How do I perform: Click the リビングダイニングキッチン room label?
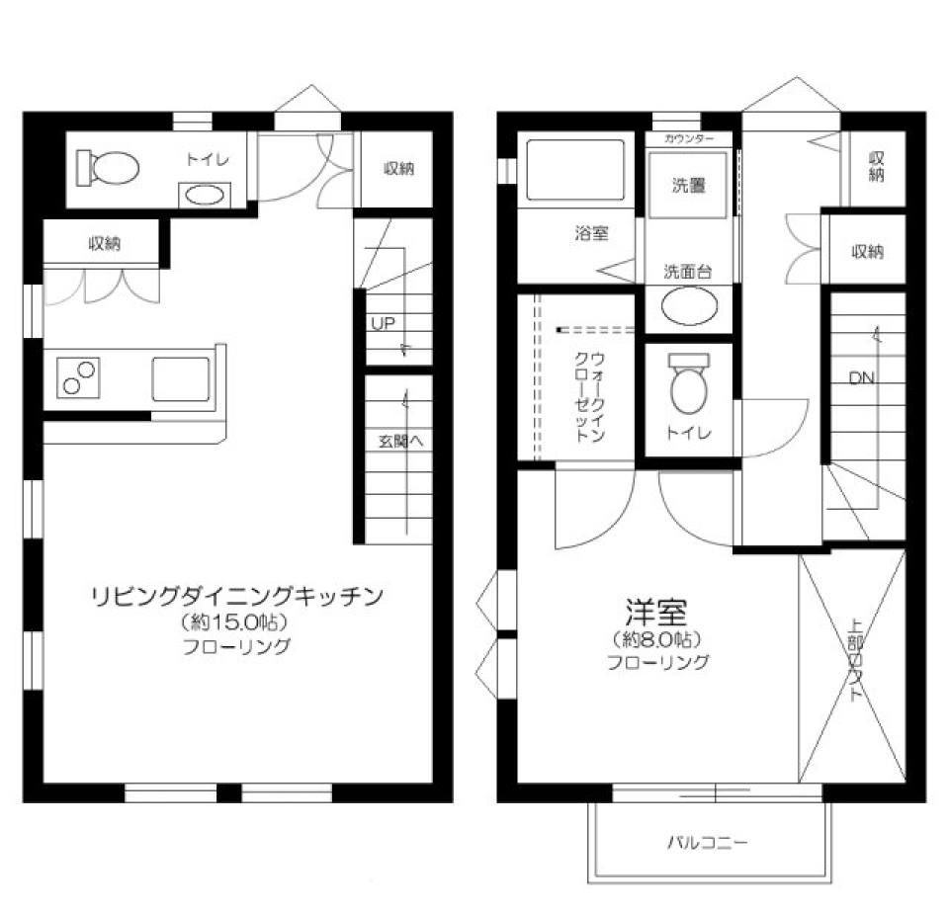coord(236,596)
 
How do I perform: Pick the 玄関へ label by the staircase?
coord(400,441)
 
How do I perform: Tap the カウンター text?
coord(689,139)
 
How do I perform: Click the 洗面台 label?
coord(688,272)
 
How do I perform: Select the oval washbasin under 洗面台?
coord(688,307)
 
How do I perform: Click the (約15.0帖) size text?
coord(235,623)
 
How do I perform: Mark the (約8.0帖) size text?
coord(657,638)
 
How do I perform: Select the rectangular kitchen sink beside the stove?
coord(180,378)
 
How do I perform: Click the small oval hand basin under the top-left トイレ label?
coord(203,195)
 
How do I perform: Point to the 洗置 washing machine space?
coord(689,184)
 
